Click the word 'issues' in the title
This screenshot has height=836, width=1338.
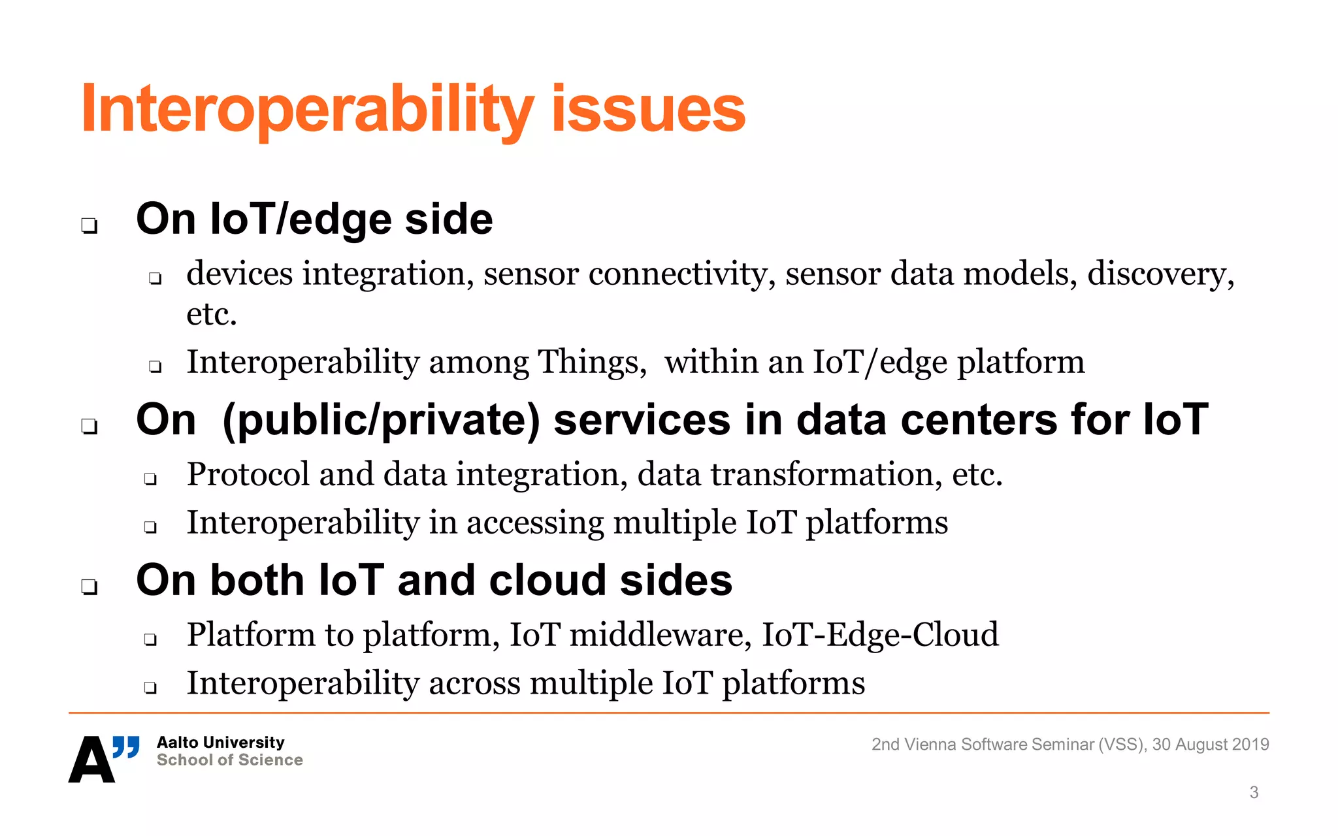648,110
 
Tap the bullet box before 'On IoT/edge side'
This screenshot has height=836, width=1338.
90,226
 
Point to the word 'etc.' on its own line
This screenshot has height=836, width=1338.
211,315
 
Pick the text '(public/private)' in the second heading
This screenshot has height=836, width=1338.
381,420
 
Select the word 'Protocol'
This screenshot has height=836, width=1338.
248,475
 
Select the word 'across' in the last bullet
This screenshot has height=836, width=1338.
474,684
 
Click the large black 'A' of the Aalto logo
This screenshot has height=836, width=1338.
91,760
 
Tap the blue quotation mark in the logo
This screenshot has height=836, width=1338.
126,747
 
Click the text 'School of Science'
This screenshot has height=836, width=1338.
229,760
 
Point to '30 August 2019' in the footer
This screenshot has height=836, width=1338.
1210,745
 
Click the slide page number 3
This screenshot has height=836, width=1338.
1254,793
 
